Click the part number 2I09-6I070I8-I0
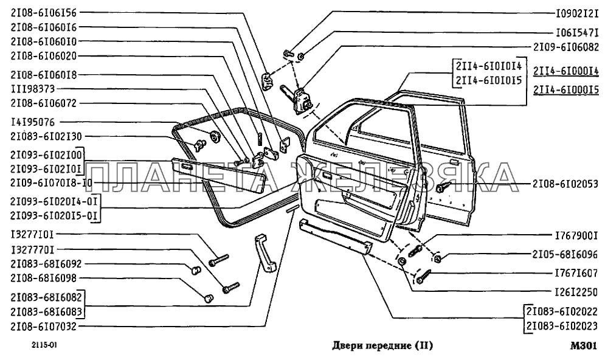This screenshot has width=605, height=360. pos(51,182)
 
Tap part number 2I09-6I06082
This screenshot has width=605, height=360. pos(565,46)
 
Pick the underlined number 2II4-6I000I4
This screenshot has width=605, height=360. pos(565,71)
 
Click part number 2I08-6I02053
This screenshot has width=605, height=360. pos(565,182)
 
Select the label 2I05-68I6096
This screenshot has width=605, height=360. pos(565,255)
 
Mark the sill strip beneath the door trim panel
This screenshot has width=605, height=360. pos(335,237)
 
